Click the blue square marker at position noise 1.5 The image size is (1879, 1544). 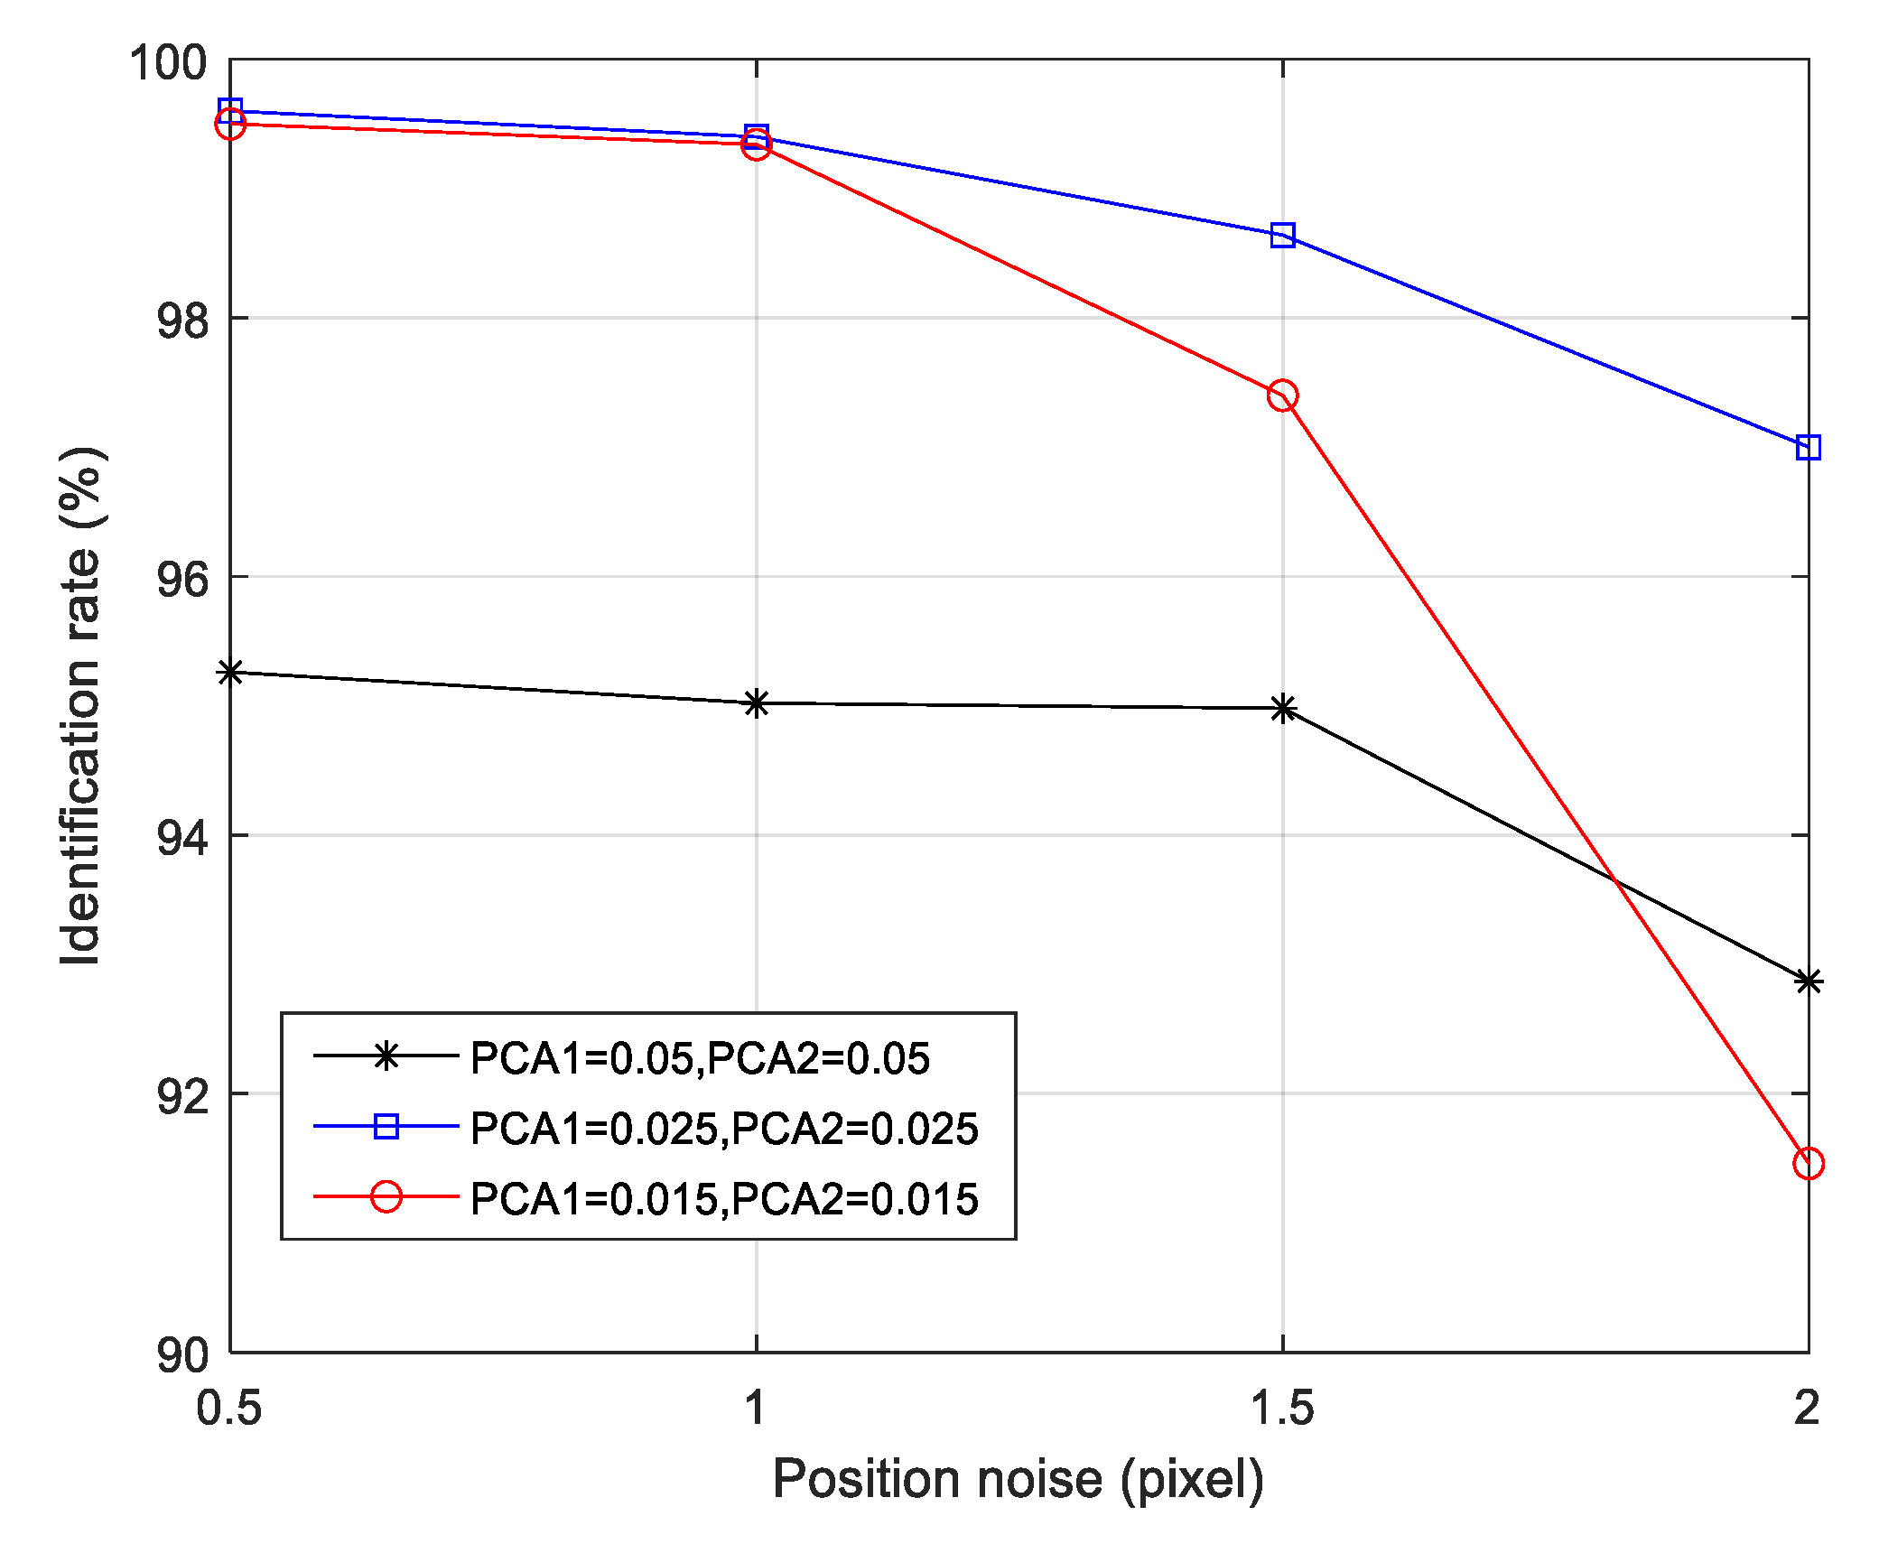coord(1282,236)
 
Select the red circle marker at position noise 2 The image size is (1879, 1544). coord(1808,1163)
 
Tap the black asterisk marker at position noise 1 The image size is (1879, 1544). coord(757,703)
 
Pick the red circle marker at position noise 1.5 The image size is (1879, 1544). coord(1282,395)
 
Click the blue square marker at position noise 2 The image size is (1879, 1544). coord(1808,447)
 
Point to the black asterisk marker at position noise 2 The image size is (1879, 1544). coord(1808,981)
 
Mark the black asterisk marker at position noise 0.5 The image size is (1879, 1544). coord(231,672)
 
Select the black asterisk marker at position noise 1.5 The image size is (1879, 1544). coord(1282,709)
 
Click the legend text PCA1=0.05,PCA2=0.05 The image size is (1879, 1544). coord(700,1058)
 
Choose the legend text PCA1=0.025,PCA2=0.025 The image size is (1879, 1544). coord(724,1129)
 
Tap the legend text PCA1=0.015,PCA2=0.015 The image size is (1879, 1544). coord(724,1199)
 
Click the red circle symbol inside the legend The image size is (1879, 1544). coord(386,1197)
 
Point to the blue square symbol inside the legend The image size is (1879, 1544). coord(386,1126)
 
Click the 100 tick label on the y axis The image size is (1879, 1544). coord(168,63)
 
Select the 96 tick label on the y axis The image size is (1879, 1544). coord(181,579)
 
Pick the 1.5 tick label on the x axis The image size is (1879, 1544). coord(1282,1408)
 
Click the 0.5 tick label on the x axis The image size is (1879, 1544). coord(229,1408)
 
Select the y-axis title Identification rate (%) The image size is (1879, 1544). coord(80,705)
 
